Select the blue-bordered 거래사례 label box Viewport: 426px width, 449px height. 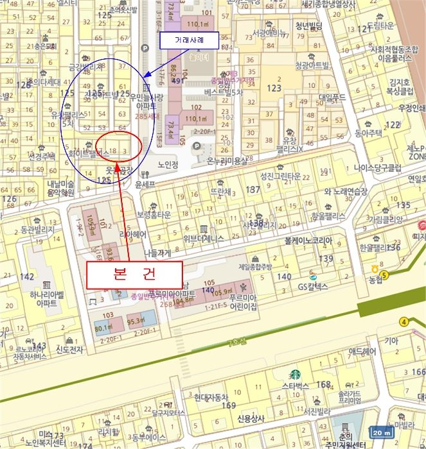pos(189,40)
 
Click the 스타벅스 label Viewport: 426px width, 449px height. pos(295,386)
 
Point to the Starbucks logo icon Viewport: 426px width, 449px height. pos(295,373)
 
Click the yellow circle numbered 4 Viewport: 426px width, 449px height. pos(404,321)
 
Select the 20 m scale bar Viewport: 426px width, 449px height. pos(383,433)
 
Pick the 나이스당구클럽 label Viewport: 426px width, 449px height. pos(377,168)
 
